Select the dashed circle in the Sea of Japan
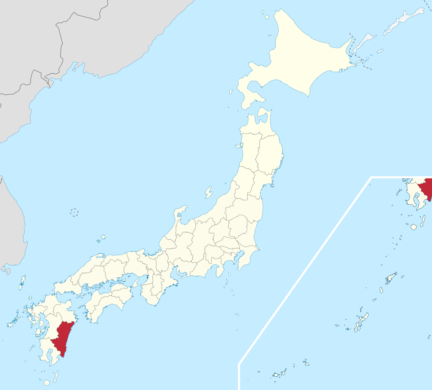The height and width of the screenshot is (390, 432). pos(74,213)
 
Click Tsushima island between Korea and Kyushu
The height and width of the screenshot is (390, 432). pos(22,282)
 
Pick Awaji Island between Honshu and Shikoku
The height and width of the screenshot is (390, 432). pos(135,283)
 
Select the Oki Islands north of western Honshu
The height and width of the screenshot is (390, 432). pos(103,237)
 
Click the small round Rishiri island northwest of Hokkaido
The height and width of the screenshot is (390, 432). pos(266,17)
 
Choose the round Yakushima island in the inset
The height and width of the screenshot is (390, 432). pos(413,227)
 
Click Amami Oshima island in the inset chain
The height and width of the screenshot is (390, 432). pos(391,278)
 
